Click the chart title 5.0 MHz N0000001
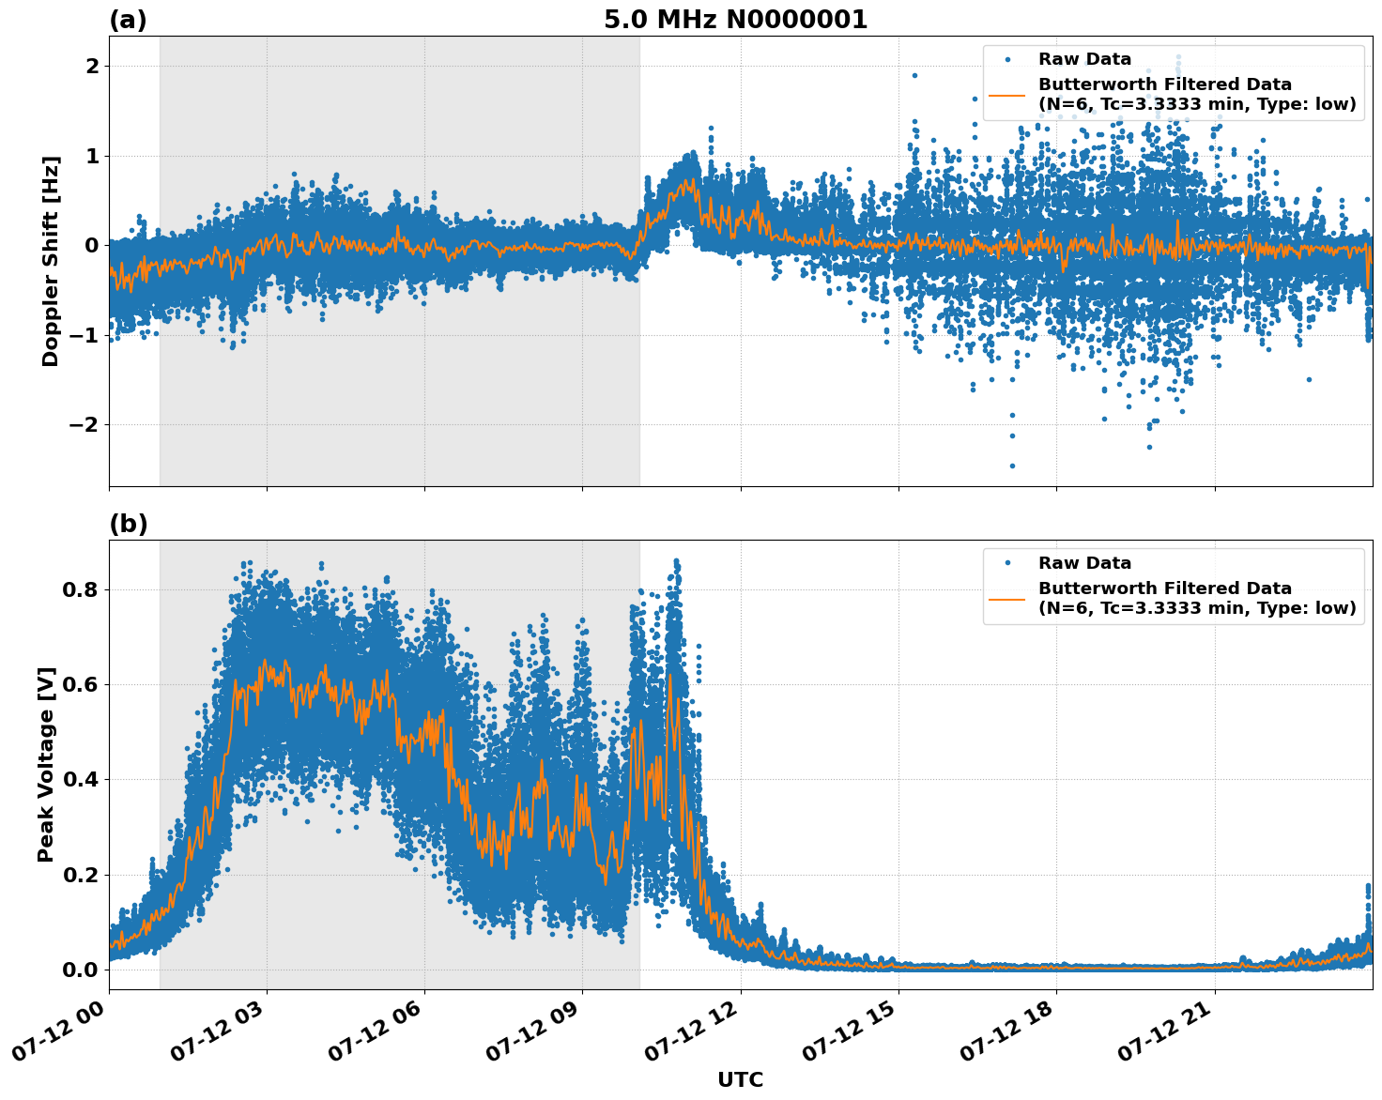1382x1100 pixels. pos(735,20)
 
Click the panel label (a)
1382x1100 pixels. pos(128,20)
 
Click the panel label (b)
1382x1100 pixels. pos(128,524)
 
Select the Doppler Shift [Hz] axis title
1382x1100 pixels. pos(51,261)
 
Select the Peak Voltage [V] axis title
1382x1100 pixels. pos(46,764)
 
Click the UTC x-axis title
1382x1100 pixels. pos(740,1079)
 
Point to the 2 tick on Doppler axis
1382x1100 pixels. pos(92,66)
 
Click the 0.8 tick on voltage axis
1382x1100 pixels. pos(84,589)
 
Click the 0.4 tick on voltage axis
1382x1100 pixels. pos(84,779)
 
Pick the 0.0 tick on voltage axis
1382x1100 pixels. pos(84,969)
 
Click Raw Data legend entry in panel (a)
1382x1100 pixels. pos(1084,59)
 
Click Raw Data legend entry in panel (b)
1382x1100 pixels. pos(1084,563)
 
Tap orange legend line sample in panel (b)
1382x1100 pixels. pos(1006,598)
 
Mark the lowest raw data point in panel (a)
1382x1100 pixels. pos(1012,466)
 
